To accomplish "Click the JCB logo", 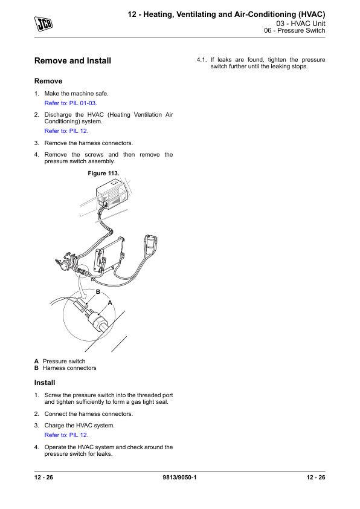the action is coord(43,24).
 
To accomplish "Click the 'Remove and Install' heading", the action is coord(72,60).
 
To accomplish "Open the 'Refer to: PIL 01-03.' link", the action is coord(71,103).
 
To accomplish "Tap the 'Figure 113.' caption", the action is coord(103,173).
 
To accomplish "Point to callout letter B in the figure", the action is coord(98,292).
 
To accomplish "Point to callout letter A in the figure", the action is coord(110,303).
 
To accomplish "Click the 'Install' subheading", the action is coord(45,383).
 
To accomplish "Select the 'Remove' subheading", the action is coord(48,81).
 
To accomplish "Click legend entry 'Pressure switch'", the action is coord(64,361).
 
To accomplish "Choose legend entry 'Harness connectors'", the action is coord(69,368).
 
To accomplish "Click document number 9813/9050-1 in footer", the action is coord(179,477).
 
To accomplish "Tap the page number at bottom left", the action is coord(43,477).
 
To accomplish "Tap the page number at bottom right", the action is coord(316,477).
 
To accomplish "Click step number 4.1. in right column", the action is coord(201,60).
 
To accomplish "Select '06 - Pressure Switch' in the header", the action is coord(295,30).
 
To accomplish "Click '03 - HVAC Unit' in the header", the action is coord(301,24).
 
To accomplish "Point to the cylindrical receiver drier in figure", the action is coord(150,245).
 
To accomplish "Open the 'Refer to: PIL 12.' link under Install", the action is coord(66,435).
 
